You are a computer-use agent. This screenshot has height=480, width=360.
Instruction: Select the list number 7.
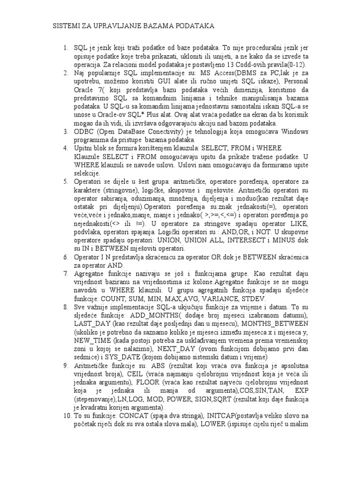click(x=65, y=272)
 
